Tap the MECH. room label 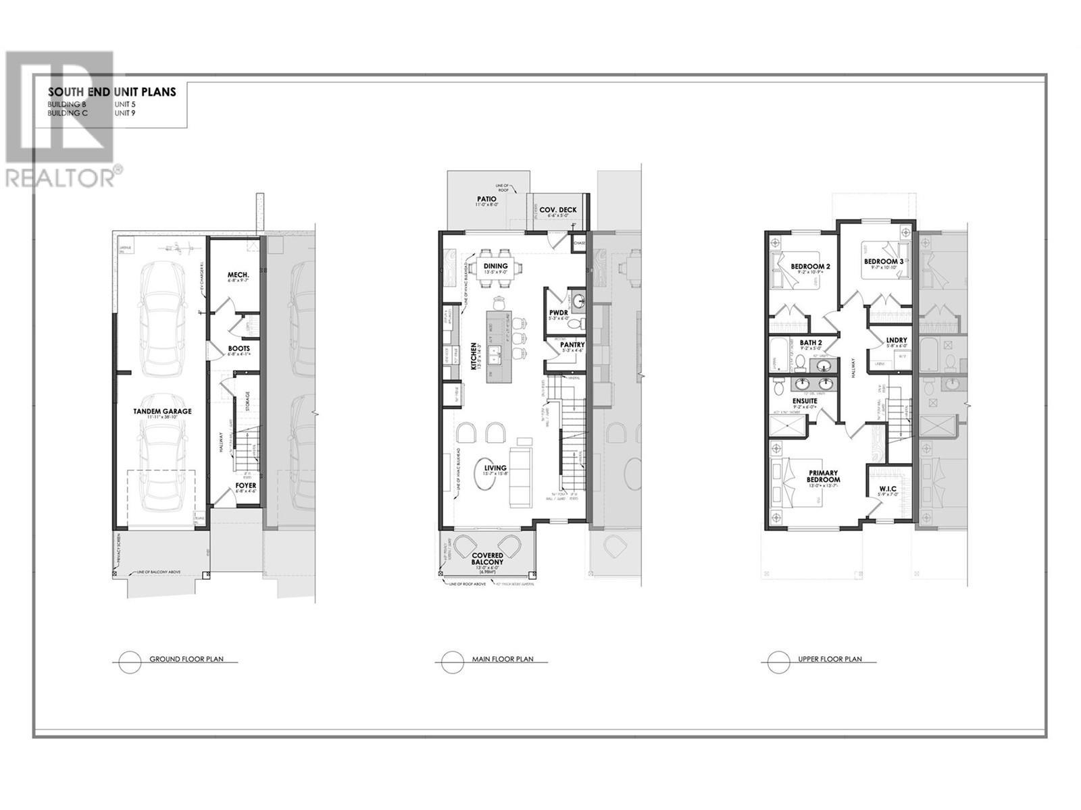239,275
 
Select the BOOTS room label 239,348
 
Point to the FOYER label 245,485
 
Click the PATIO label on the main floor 486,199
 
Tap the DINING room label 495,266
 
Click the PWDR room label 559,312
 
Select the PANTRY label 572,345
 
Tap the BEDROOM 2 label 810,267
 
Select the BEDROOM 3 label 884,261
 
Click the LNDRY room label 897,340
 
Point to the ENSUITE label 805,401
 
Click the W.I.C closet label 887,489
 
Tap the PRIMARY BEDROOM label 823,476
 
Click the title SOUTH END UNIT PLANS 111,92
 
